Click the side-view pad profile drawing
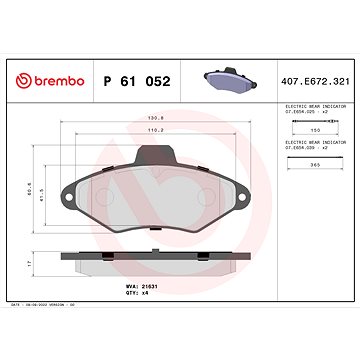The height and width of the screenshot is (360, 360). click(156, 262)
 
